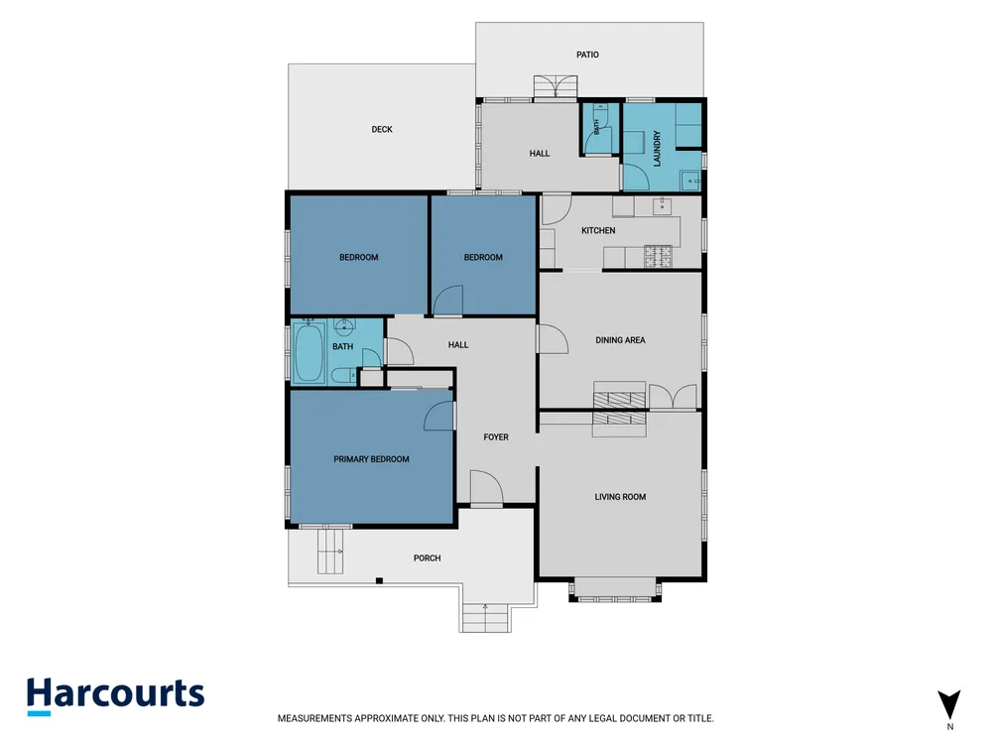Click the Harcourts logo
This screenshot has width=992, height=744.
click(115, 696)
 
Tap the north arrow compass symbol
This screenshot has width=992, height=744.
click(949, 704)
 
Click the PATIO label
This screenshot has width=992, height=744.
click(587, 55)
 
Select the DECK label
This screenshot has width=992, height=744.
click(382, 130)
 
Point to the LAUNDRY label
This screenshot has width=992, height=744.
click(657, 149)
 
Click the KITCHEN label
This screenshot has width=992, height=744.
click(598, 231)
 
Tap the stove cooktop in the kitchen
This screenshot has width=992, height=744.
click(658, 256)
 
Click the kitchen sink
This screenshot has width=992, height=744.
click(663, 206)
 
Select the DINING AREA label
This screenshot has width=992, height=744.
click(620, 340)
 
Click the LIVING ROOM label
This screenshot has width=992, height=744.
click(620, 497)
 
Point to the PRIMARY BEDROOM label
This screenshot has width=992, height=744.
click(371, 459)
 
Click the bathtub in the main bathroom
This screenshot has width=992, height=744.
click(309, 352)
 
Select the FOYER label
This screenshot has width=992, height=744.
click(496, 437)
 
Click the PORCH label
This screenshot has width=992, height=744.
click(427, 558)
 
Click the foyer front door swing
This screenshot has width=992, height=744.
click(487, 488)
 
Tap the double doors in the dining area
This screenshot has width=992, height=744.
click(674, 396)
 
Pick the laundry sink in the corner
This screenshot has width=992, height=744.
click(690, 181)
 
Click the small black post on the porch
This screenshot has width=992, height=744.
click(379, 580)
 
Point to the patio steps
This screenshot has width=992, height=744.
click(556, 86)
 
